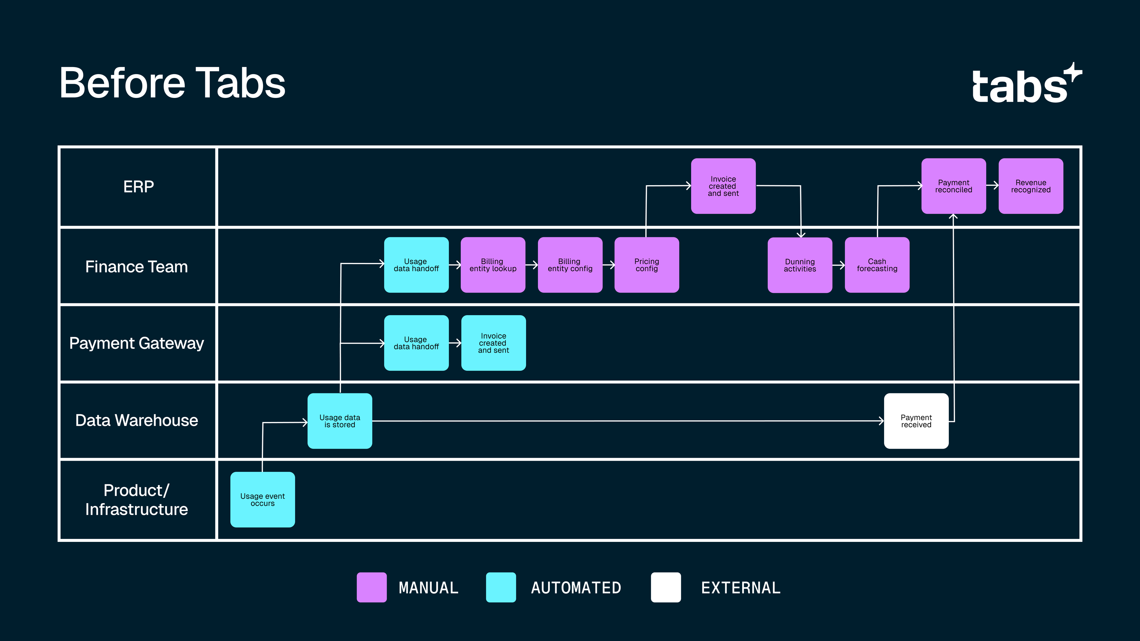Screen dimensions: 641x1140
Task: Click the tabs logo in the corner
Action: tap(1026, 84)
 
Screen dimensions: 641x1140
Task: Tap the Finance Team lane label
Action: tap(136, 267)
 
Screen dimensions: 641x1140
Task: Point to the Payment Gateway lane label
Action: tap(136, 343)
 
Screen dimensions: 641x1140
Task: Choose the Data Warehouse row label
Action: tap(136, 420)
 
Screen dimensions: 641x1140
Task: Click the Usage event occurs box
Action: tap(262, 499)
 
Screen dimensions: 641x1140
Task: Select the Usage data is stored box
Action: tap(339, 421)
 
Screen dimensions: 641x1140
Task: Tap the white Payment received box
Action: tap(916, 421)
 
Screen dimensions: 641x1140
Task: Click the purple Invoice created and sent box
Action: tap(723, 186)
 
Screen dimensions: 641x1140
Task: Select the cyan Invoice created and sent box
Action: tap(493, 343)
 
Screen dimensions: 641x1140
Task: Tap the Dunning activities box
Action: tap(800, 265)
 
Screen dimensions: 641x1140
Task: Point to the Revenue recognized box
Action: tap(1031, 186)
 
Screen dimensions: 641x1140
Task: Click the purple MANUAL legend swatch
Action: tap(372, 587)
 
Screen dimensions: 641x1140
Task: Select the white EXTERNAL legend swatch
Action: tap(666, 587)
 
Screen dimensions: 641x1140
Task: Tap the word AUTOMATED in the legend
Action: tap(576, 588)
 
